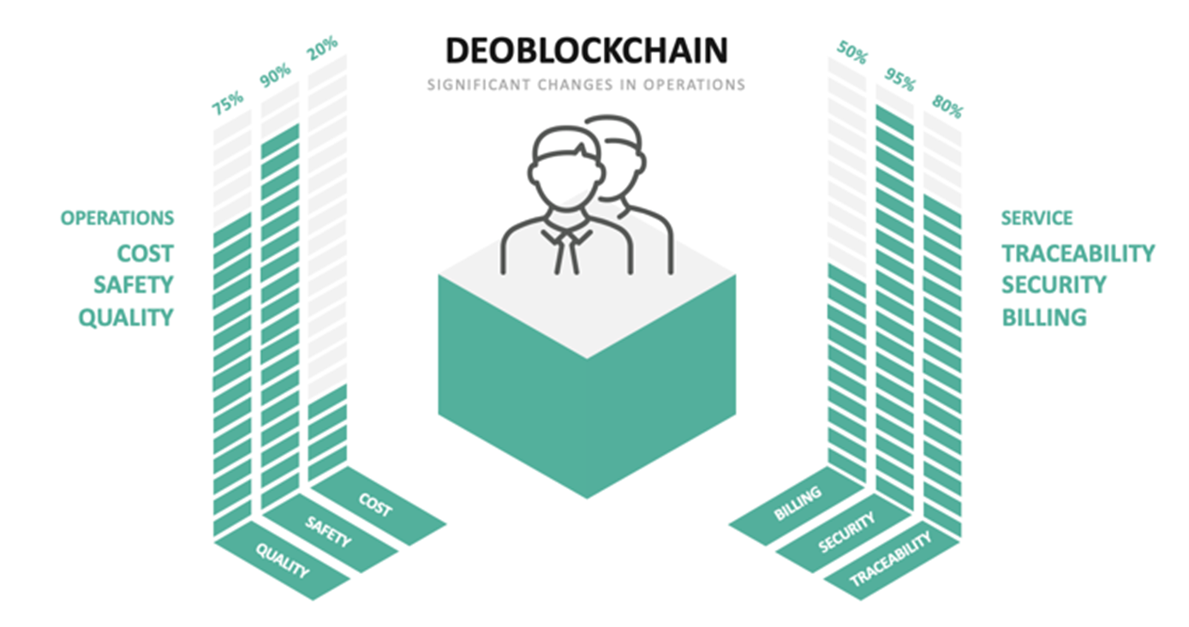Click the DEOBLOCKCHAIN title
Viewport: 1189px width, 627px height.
(x=587, y=51)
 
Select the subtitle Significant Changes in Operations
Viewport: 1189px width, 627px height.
(x=587, y=85)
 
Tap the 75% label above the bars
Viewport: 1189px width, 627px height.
(x=228, y=103)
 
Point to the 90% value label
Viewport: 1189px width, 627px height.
(x=276, y=75)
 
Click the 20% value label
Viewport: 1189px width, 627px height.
(x=322, y=48)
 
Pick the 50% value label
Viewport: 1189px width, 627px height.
(x=852, y=52)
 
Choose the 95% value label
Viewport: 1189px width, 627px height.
(x=899, y=79)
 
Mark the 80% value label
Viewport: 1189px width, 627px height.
(x=947, y=107)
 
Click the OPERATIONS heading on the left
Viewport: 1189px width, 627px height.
(x=117, y=218)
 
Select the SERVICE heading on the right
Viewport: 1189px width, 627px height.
(x=1037, y=218)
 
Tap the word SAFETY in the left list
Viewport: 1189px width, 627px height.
(x=134, y=285)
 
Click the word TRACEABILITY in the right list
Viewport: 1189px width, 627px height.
(x=1078, y=254)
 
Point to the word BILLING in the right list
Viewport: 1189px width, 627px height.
(x=1044, y=318)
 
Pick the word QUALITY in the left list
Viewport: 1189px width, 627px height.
(x=126, y=318)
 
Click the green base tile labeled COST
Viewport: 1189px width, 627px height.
(x=378, y=506)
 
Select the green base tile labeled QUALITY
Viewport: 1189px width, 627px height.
(x=282, y=561)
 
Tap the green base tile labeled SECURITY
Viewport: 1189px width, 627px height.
(x=845, y=533)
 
